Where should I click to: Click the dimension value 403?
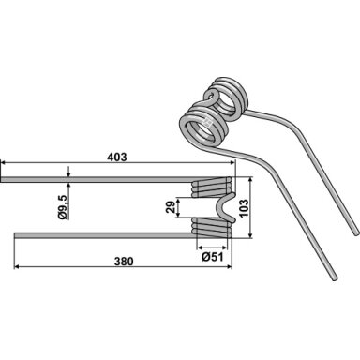coord(117,157)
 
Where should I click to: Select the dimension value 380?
coord(124,262)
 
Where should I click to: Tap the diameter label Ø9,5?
coord(63,206)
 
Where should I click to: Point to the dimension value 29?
coord(171,207)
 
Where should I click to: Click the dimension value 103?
coord(244,208)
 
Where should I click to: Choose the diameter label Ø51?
coord(213,257)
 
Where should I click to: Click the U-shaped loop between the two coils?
coord(226,208)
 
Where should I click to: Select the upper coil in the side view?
coord(212,187)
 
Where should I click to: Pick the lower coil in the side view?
coord(212,228)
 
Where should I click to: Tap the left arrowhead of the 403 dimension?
coord(4,163)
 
